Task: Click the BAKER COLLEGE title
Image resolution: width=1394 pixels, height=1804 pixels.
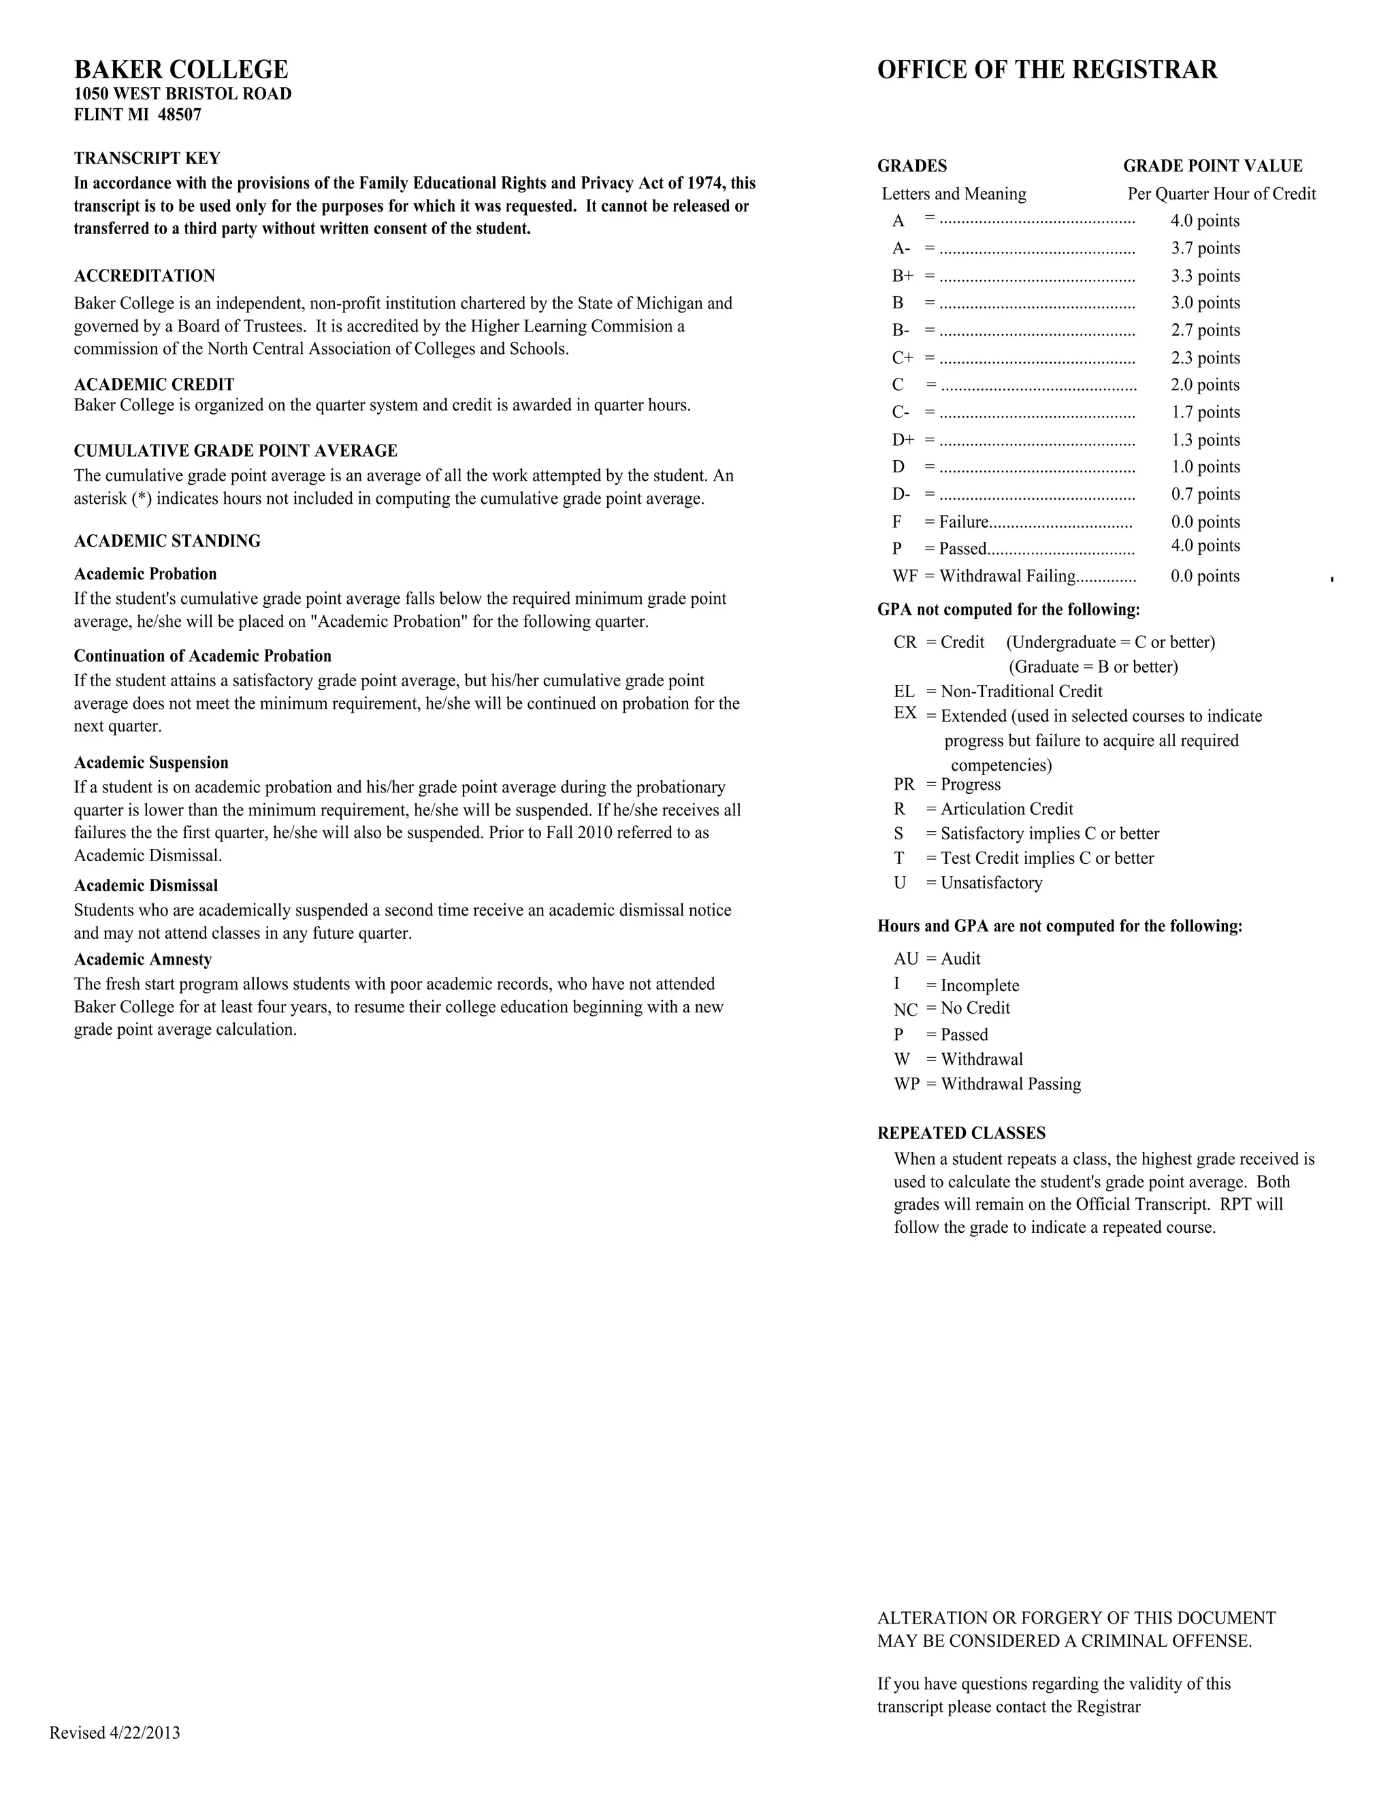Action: pyautogui.click(x=181, y=69)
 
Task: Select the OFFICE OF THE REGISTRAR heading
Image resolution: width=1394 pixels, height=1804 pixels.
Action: pyautogui.click(x=1046, y=70)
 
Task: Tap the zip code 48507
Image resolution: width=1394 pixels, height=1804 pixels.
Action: pyautogui.click(x=179, y=115)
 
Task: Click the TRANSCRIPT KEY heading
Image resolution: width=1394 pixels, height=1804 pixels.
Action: pyautogui.click(x=147, y=159)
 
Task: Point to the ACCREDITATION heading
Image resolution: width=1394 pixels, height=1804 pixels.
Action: pyautogui.click(x=144, y=276)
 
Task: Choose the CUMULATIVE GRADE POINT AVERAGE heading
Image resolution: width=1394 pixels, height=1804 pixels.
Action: pyautogui.click(x=236, y=451)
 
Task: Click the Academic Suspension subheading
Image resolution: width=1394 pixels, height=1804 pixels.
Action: pyautogui.click(x=151, y=762)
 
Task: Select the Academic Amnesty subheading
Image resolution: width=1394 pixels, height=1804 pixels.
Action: pyautogui.click(x=143, y=960)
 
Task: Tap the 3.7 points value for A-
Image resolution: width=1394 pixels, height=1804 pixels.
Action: pyautogui.click(x=1205, y=248)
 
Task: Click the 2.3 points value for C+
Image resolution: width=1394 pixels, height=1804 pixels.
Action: pyautogui.click(x=1205, y=359)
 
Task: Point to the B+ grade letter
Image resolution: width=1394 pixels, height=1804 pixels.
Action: pyautogui.click(x=902, y=276)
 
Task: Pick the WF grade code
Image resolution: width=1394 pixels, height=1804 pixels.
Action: pyautogui.click(x=905, y=577)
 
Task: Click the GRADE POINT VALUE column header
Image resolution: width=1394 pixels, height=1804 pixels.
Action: pyautogui.click(x=1212, y=166)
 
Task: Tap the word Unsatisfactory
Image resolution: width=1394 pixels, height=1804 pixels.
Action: pyautogui.click(x=991, y=883)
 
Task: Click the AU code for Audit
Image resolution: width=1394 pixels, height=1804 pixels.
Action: pyautogui.click(x=905, y=959)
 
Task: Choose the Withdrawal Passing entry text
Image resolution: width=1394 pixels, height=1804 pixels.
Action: pyautogui.click(x=1010, y=1084)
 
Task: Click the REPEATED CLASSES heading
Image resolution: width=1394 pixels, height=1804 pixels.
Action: pyautogui.click(x=961, y=1133)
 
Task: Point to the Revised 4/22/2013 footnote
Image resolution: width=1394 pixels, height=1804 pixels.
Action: pyautogui.click(x=115, y=1733)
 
